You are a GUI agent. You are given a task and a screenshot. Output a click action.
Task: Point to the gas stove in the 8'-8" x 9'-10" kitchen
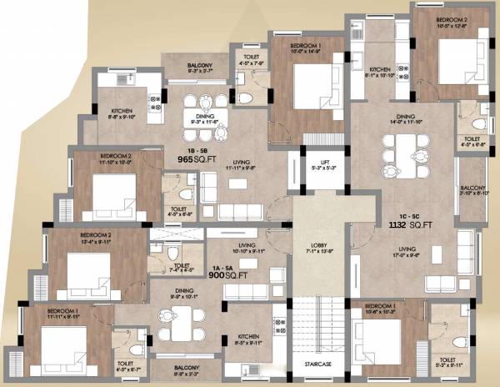pyautogui.click(x=154, y=103)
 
